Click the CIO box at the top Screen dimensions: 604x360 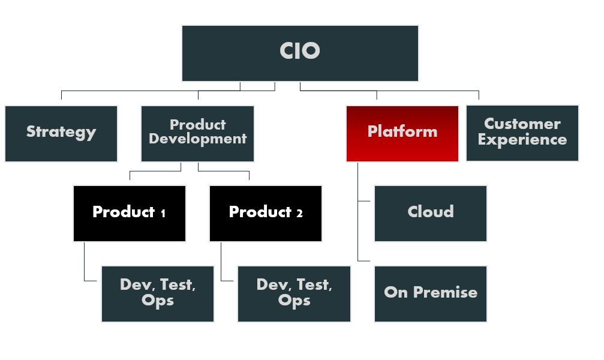coord(300,53)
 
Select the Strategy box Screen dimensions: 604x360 coord(61,134)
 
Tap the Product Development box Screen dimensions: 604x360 coord(197,134)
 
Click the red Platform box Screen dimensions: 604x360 coord(402,134)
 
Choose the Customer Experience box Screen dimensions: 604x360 coord(522,133)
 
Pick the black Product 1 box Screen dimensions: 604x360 coord(130,214)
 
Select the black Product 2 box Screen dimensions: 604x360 coord(266,214)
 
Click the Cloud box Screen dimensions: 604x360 coord(431,214)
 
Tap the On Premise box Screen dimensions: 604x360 coord(431,294)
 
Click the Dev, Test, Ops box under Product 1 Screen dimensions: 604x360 coord(158,294)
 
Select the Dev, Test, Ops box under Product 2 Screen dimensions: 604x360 coord(295,294)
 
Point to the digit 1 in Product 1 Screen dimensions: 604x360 coord(163,213)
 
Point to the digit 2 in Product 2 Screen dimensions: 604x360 coord(299,213)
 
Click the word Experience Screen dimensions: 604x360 coord(522,140)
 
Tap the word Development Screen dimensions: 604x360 coord(197,139)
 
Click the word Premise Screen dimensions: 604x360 coord(445,292)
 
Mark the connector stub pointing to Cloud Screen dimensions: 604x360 coord(364,201)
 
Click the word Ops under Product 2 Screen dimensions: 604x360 coord(295,301)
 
